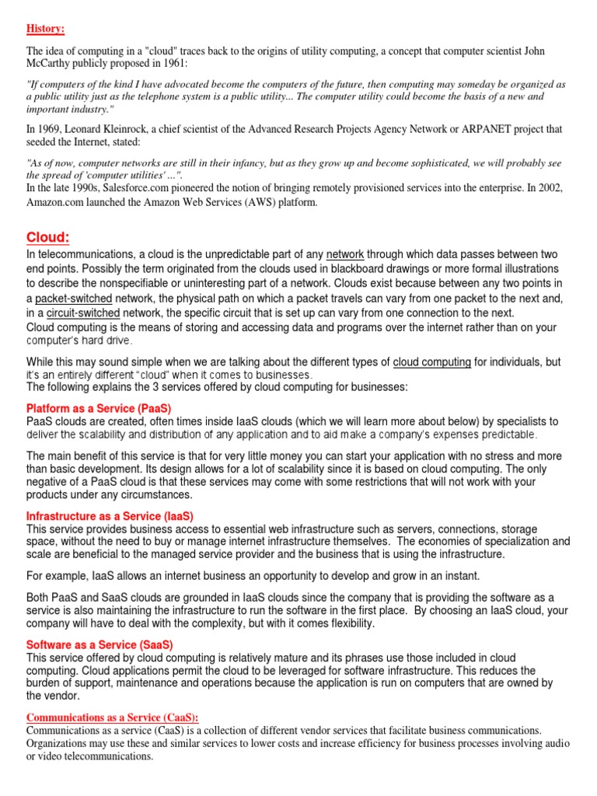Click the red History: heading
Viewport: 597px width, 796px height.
(x=46, y=29)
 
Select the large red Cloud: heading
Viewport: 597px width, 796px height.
(x=49, y=237)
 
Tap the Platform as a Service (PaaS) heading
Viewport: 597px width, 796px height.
(x=99, y=408)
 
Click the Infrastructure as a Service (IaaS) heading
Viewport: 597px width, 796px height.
(x=110, y=516)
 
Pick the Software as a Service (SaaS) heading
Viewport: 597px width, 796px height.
(x=99, y=645)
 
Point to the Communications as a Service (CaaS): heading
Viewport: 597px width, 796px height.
(x=113, y=717)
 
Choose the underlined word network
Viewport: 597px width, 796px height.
(x=345, y=255)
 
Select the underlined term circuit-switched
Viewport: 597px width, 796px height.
(x=75, y=312)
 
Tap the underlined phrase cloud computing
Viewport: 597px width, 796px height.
(x=431, y=362)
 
